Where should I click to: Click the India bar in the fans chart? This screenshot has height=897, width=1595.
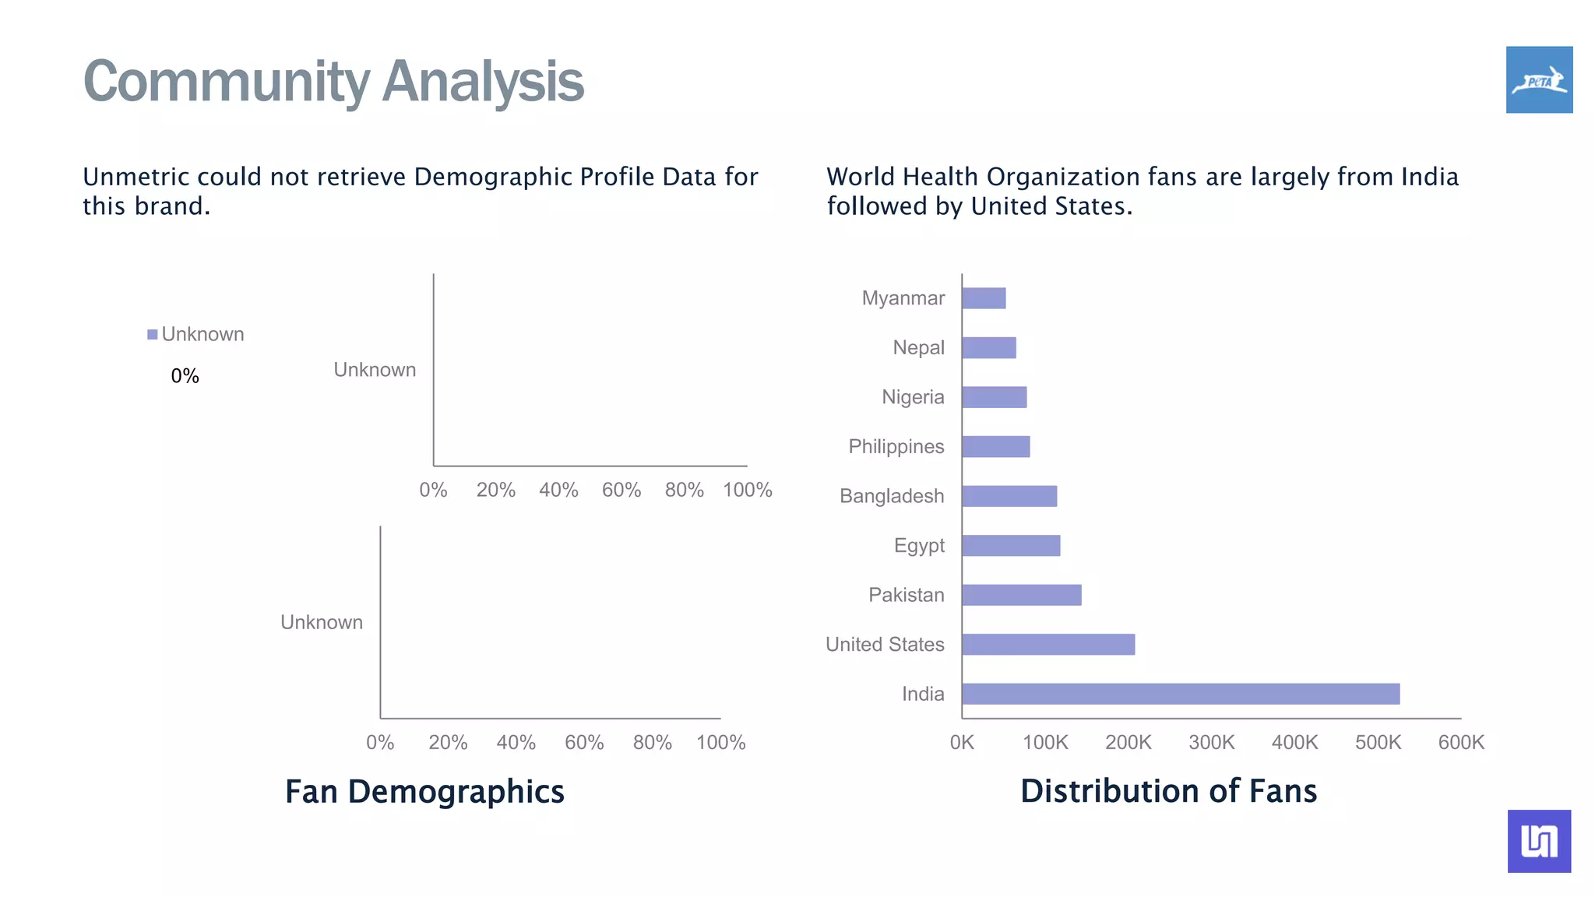coord(1180,694)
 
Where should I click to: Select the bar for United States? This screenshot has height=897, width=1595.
coord(1047,645)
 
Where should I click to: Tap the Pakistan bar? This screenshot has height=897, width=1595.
coord(1021,595)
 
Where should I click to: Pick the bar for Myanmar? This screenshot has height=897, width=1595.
coord(984,298)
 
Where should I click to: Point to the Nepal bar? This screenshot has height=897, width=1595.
coord(988,348)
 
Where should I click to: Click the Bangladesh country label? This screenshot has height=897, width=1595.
coord(891,496)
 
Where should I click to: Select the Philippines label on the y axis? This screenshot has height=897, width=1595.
coord(896,447)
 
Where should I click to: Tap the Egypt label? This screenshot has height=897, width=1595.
coord(918,546)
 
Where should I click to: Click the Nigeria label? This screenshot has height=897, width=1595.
coord(912,397)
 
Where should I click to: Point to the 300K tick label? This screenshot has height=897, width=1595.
coord(1211,742)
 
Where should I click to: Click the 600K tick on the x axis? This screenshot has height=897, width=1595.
coord(1460,742)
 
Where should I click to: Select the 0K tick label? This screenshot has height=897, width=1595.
coord(962,742)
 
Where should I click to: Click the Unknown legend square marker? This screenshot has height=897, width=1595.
coord(153,335)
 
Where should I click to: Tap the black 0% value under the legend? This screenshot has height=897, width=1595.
coord(185,376)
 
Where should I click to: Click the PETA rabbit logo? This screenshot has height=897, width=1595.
coord(1539,79)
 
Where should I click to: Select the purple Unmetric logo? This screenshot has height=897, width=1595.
coord(1539,841)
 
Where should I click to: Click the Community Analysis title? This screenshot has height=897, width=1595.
coord(333,81)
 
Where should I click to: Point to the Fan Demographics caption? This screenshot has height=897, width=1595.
coord(424,791)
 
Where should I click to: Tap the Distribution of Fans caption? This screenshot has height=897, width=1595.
coord(1168,791)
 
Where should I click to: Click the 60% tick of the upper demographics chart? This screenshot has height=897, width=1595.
coord(621,490)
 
